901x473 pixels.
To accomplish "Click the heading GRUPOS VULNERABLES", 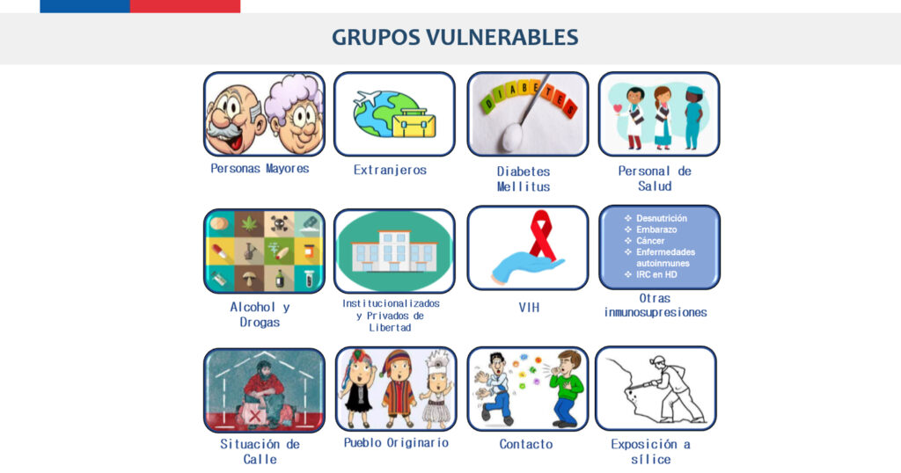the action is point(455,37).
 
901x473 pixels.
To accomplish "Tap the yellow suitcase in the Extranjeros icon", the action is point(414,123).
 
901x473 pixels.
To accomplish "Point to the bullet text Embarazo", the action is point(656,229).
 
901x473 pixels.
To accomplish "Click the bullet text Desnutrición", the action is point(662,218).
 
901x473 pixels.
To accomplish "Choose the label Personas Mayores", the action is point(260,169).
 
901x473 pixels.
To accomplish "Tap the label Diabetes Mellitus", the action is point(524,179).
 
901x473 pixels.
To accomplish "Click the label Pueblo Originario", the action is point(396,442).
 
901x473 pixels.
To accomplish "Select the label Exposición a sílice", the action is point(650,452).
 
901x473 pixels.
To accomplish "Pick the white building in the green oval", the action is point(395,251).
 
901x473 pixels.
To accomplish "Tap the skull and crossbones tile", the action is point(279,222).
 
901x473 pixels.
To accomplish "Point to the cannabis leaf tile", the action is point(249,222).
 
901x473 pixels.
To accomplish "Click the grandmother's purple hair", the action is point(293,96).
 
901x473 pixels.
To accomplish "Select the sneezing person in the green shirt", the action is point(566,389).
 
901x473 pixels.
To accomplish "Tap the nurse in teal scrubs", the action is point(693,118).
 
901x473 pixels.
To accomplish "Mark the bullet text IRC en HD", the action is point(656,274).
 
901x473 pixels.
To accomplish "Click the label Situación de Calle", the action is point(260,452).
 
